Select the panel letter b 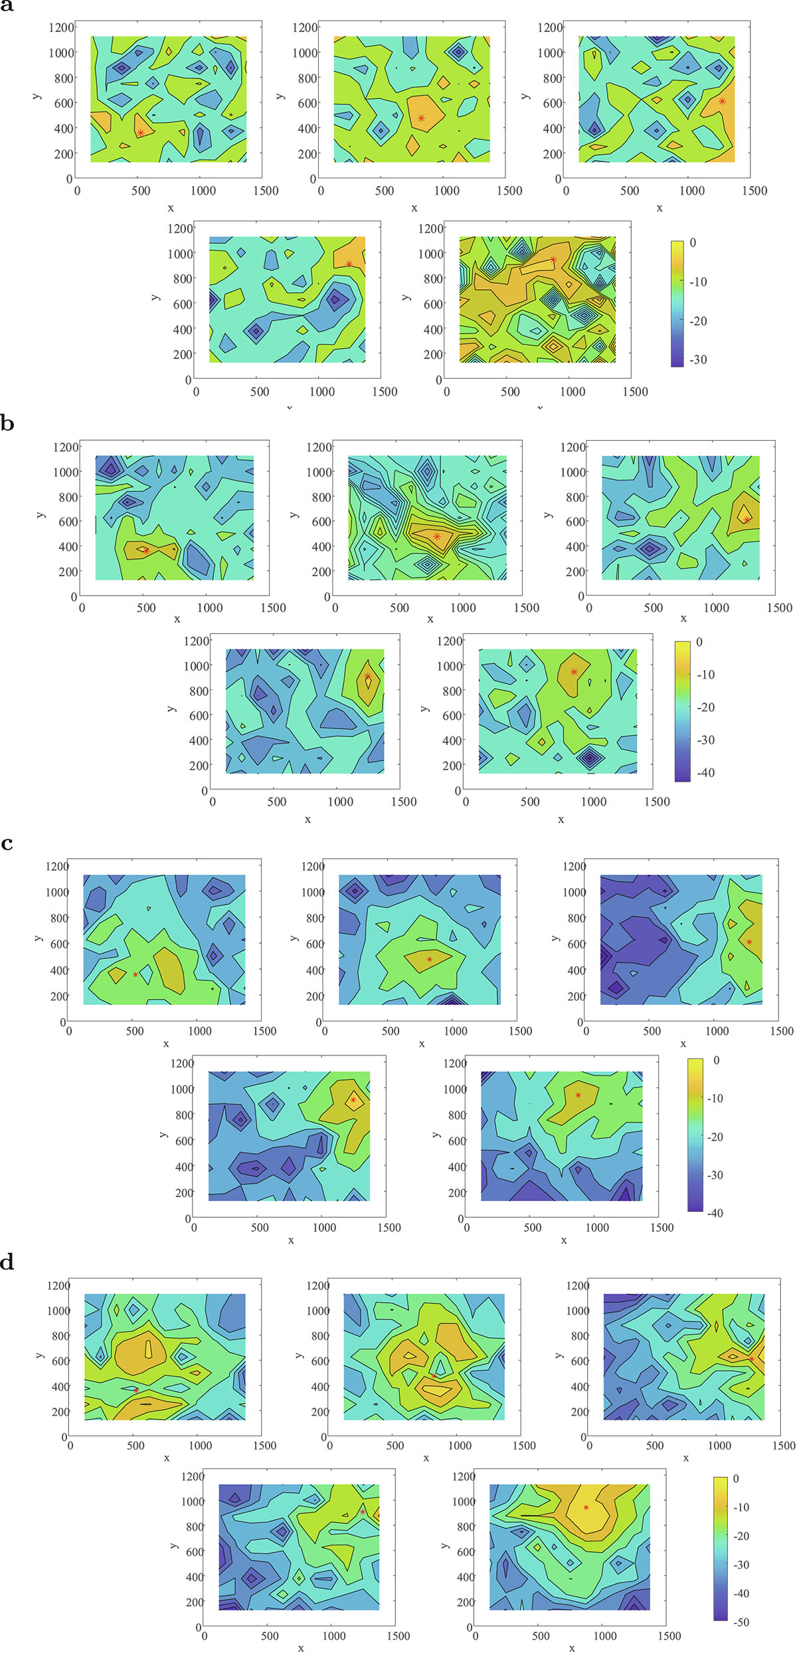[7, 423]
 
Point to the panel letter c [7, 843]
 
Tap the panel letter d [7, 1262]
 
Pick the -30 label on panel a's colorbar [698, 360]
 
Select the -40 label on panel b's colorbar [706, 772]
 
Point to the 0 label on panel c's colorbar [716, 1060]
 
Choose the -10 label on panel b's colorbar [706, 675]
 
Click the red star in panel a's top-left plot [141, 133]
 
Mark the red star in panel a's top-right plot [722, 101]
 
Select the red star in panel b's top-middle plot [436, 536]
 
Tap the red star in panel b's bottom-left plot [368, 677]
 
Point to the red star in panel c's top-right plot [749, 942]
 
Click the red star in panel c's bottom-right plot [578, 1095]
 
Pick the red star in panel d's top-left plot [136, 1390]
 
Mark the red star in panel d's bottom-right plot [586, 1507]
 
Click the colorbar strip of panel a [677, 304]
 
